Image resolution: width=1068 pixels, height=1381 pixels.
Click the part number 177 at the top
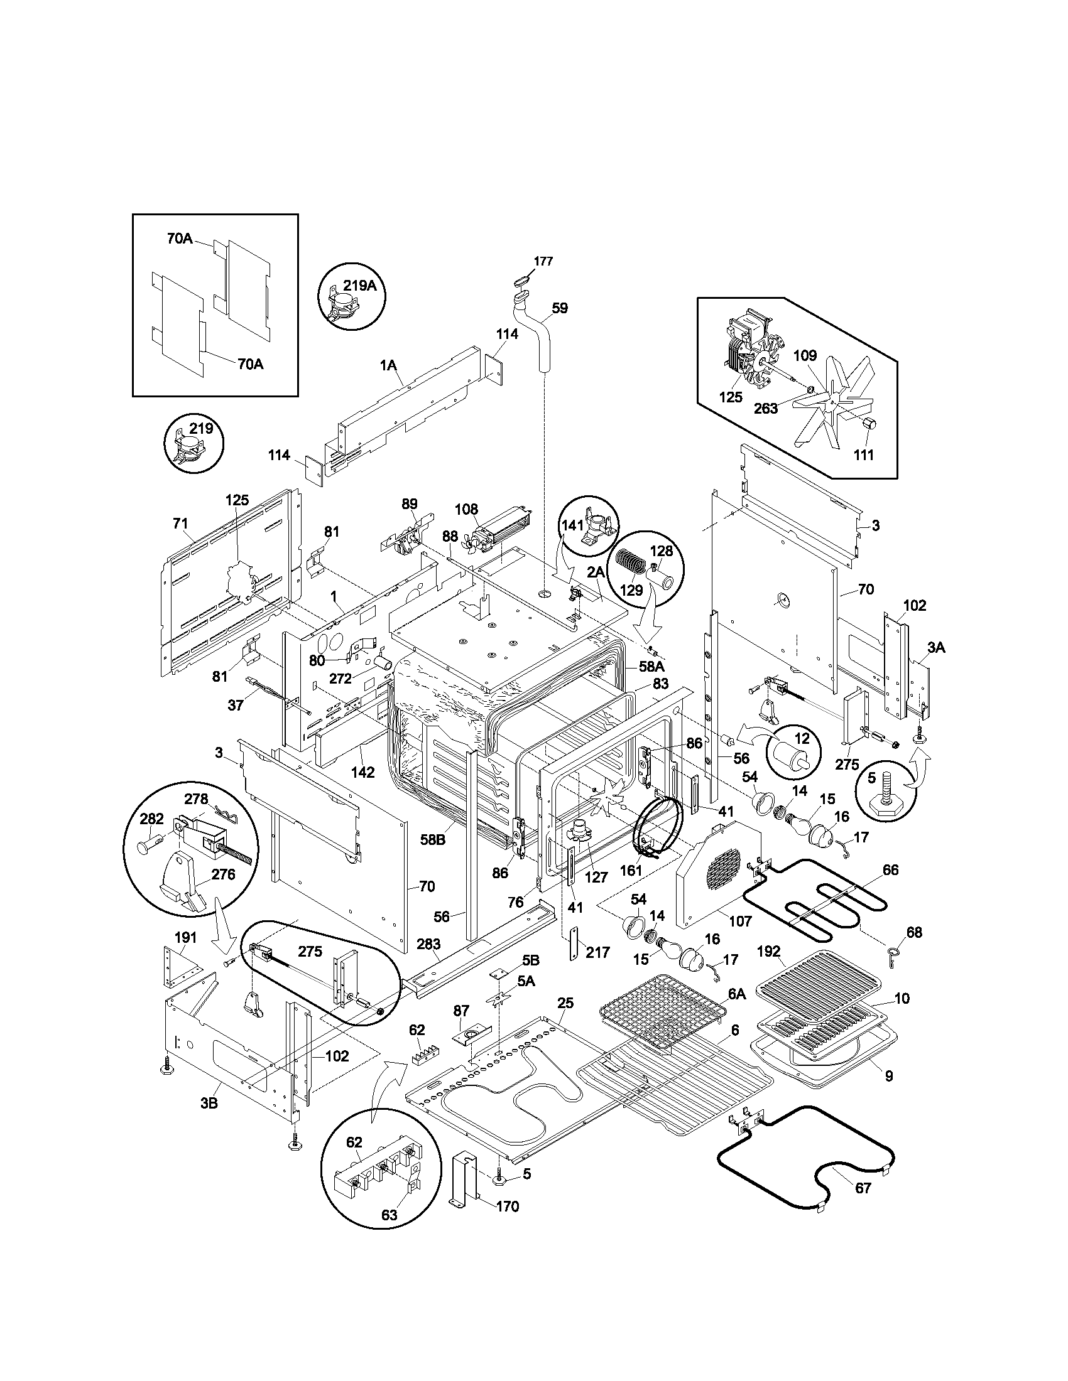click(x=543, y=261)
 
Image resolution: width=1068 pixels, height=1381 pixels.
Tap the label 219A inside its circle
click(x=360, y=286)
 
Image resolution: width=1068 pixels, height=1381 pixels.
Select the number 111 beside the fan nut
click(x=863, y=454)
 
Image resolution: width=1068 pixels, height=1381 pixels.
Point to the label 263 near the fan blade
click(x=766, y=409)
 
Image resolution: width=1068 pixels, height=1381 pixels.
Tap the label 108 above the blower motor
click(x=466, y=509)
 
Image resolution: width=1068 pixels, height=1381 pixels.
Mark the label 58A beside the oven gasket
click(x=651, y=666)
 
